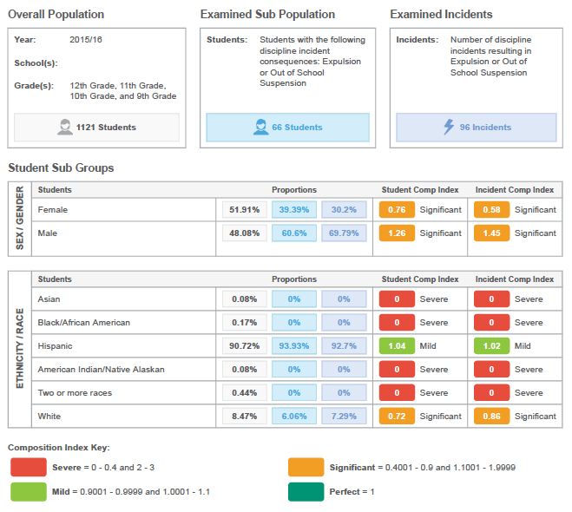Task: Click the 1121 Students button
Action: pos(97,128)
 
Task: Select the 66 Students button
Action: pos(287,128)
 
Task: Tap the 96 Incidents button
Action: pos(477,128)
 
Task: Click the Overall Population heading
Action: pos(56,15)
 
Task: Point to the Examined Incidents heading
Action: pos(441,15)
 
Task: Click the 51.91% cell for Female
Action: pos(244,209)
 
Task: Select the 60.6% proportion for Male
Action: pos(294,233)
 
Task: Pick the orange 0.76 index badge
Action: pos(396,209)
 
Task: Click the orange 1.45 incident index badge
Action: pos(491,233)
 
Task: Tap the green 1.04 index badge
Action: pos(396,345)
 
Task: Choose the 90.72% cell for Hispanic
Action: pos(244,345)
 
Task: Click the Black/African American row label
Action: pos(84,323)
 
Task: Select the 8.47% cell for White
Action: pos(244,417)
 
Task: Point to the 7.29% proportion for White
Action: pos(344,417)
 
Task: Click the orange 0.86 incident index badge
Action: pos(491,417)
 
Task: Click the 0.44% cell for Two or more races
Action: pos(244,393)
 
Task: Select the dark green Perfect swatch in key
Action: pos(306,492)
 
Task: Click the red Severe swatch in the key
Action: pos(28,468)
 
